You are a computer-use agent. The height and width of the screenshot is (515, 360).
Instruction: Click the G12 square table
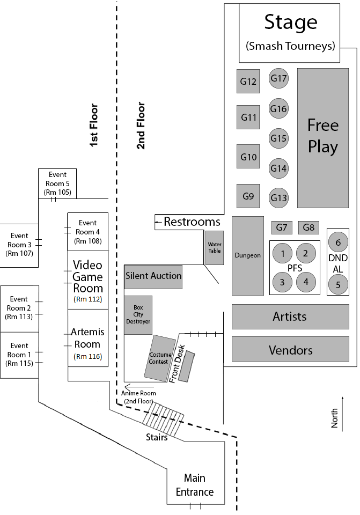pyautogui.click(x=248, y=82)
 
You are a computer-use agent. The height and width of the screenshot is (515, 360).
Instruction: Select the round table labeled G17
pyautogui.click(x=279, y=79)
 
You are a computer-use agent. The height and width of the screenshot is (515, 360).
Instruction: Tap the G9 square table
pyautogui.click(x=248, y=196)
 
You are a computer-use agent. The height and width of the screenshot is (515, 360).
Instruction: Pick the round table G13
pyautogui.click(x=279, y=197)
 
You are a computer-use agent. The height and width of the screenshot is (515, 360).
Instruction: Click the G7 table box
pyautogui.click(x=282, y=227)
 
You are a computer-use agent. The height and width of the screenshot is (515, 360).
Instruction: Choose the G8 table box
pyautogui.click(x=308, y=227)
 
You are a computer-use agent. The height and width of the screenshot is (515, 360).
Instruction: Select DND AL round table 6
pyautogui.click(x=338, y=242)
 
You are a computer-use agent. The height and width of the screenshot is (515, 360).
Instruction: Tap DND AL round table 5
pyautogui.click(x=338, y=284)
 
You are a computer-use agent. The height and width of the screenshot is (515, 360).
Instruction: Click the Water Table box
pyautogui.click(x=215, y=247)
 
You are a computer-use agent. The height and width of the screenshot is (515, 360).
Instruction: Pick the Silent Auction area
pyautogui.click(x=153, y=276)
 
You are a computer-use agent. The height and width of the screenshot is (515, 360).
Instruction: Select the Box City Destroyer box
pyautogui.click(x=138, y=315)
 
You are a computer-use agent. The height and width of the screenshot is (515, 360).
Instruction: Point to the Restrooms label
pyautogui.click(x=192, y=222)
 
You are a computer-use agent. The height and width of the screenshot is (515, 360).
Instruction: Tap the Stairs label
pyautogui.click(x=157, y=437)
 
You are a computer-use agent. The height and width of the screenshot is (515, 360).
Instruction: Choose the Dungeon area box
pyautogui.click(x=248, y=255)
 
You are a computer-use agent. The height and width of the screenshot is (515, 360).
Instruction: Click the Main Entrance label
pyautogui.click(x=195, y=485)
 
